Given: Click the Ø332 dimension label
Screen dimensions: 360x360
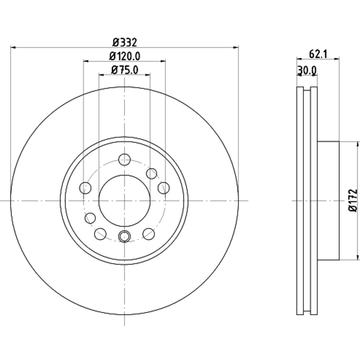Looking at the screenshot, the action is (x=125, y=42).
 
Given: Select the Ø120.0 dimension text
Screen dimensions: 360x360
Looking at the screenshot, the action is (x=125, y=56).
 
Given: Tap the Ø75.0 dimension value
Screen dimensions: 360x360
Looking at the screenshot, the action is (x=125, y=70).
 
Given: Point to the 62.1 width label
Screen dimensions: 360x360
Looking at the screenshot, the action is (x=318, y=54).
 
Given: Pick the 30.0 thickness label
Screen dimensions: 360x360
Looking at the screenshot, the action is (x=307, y=70).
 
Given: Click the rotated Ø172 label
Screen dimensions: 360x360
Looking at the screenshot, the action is (x=353, y=200).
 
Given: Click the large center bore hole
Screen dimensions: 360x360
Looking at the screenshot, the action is (x=124, y=201).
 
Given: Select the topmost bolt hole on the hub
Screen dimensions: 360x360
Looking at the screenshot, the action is (x=124, y=160).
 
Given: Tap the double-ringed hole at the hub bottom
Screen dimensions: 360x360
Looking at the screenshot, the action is (x=124, y=236).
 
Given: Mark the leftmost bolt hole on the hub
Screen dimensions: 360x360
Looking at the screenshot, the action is (x=85, y=188).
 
